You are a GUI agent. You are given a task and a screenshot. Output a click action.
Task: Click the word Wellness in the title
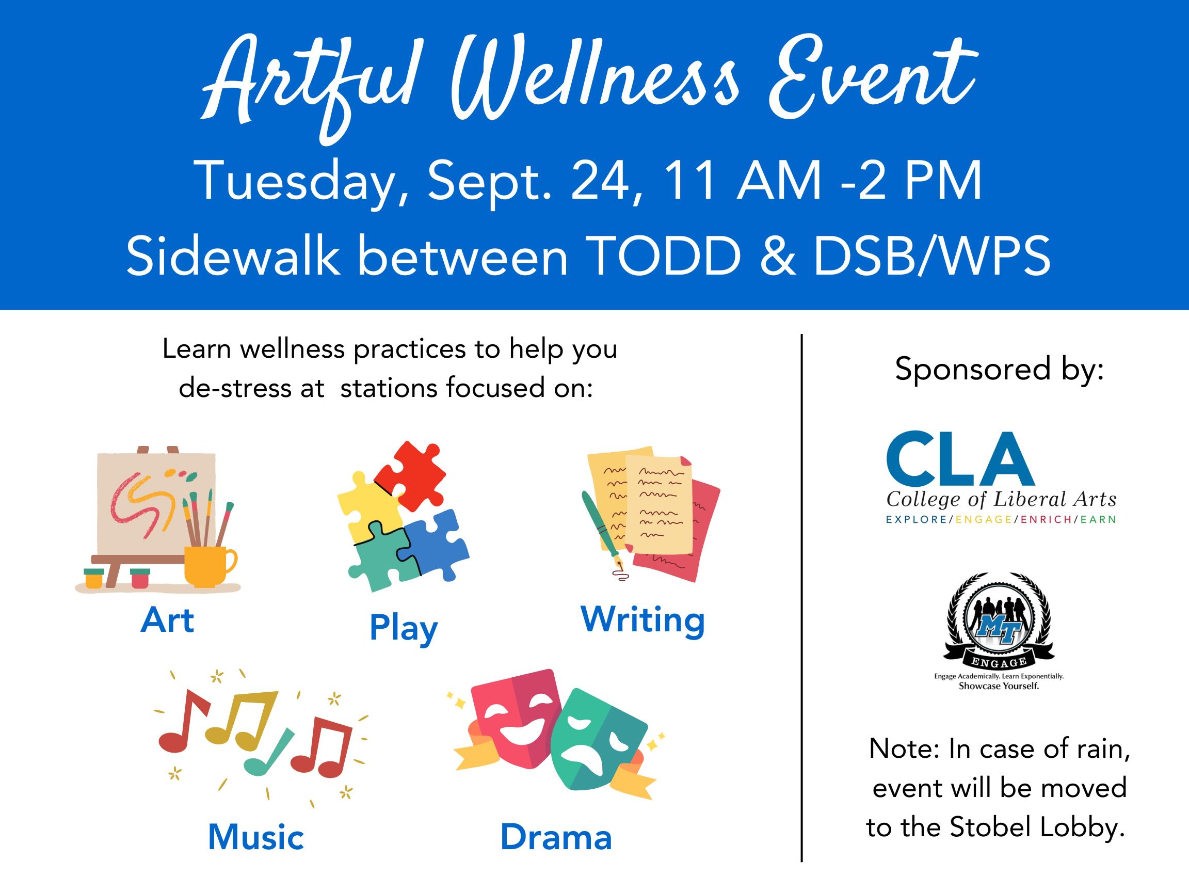coord(594,81)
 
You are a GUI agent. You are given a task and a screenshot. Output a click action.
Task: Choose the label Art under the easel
coord(167,620)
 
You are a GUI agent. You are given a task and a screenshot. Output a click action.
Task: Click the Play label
coord(404,629)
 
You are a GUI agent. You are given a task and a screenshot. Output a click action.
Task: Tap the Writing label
coord(642,622)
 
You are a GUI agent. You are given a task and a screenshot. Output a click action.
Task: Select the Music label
coord(256,838)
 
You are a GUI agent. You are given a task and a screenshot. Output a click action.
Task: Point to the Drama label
coord(556,838)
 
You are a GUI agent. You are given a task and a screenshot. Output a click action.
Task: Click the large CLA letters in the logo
coord(960,459)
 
